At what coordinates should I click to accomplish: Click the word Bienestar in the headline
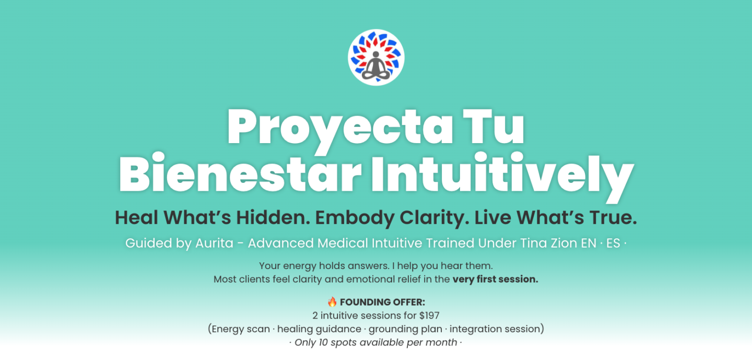click(240, 172)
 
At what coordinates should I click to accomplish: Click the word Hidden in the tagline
click(273, 217)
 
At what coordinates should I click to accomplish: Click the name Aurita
click(214, 243)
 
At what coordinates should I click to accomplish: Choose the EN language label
click(589, 243)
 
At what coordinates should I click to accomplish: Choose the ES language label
click(613, 243)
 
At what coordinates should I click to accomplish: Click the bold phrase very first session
click(495, 279)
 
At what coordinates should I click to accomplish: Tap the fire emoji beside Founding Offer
click(332, 301)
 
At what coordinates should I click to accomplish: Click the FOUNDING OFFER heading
click(382, 302)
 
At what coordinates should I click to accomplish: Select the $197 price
click(429, 316)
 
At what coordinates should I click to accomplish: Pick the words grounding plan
click(405, 329)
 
